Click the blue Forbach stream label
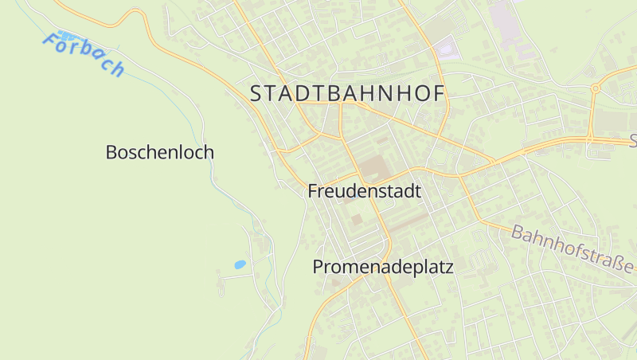point(84,54)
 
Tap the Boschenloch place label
point(159,152)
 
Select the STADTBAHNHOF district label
point(347,94)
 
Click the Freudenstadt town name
point(363,192)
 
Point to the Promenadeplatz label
point(383,267)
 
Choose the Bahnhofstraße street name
point(572,248)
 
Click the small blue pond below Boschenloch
point(240,264)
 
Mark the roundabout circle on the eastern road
point(594,88)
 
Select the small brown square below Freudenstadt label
point(356,218)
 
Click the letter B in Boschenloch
point(111,152)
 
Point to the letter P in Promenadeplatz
point(319,268)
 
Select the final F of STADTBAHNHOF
point(437,94)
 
